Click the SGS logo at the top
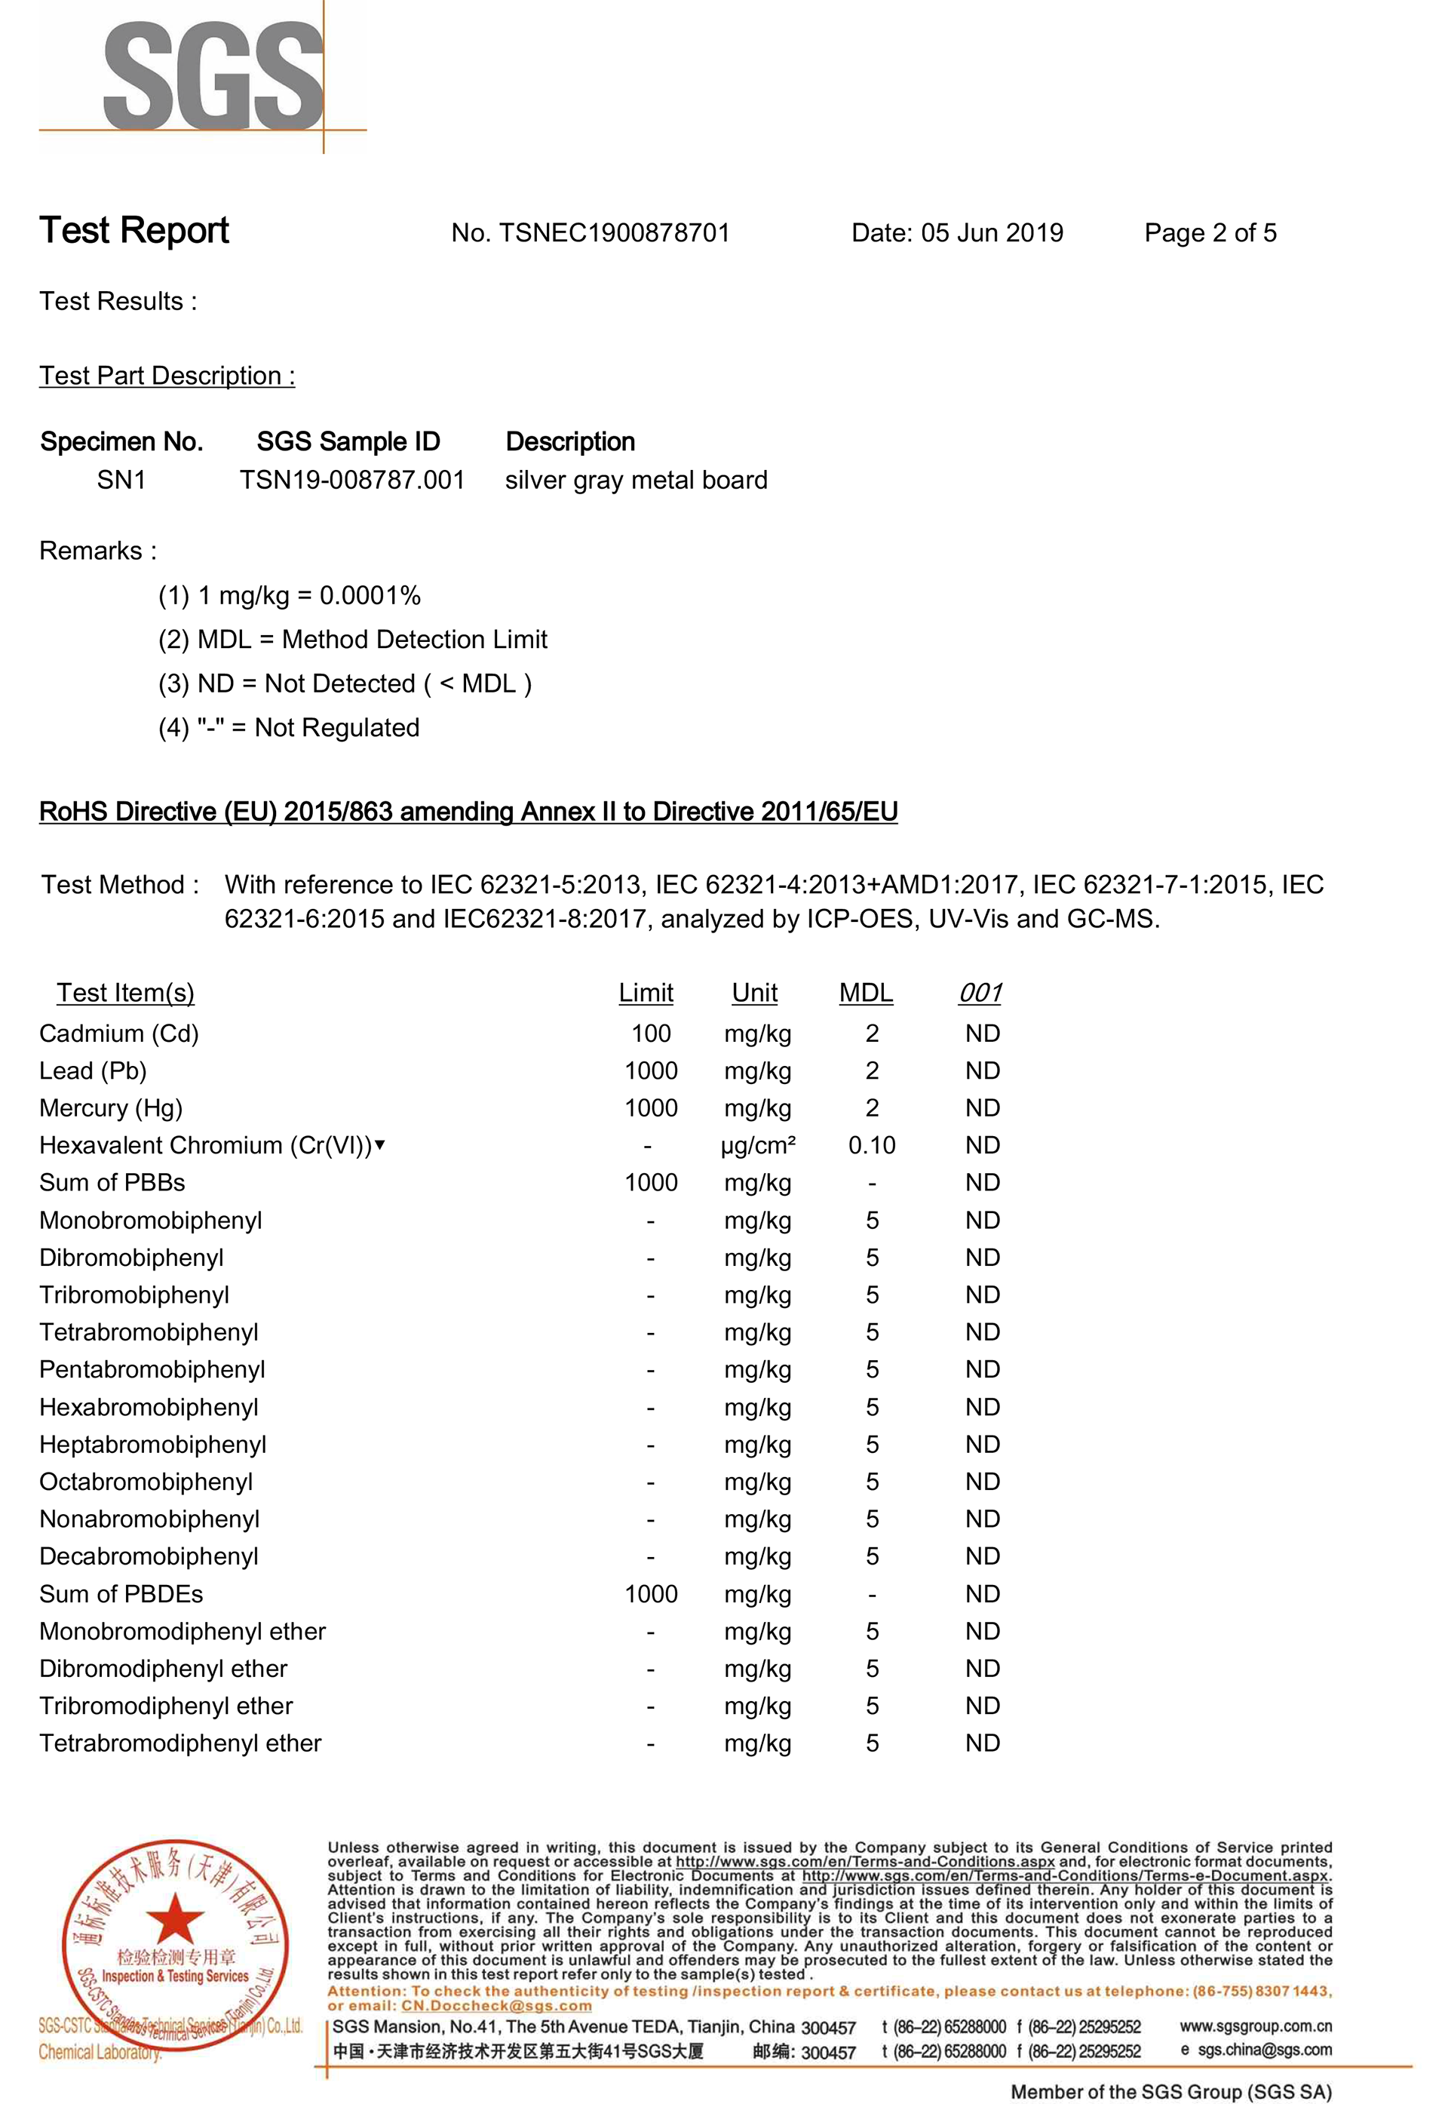click(x=213, y=77)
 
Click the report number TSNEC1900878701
click(x=613, y=233)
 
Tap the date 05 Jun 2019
click(x=992, y=233)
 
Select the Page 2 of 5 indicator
click(x=1210, y=233)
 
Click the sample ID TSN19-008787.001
click(x=352, y=480)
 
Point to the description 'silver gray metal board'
click(x=636, y=480)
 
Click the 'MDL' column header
click(x=866, y=993)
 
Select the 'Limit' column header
click(x=646, y=993)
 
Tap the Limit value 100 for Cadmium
click(x=651, y=1034)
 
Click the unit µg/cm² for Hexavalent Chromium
click(x=758, y=1146)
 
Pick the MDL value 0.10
click(x=871, y=1146)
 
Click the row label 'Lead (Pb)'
click(x=93, y=1070)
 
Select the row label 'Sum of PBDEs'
click(x=121, y=1594)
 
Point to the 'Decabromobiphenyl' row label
click(x=149, y=1557)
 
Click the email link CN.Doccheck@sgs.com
click(x=496, y=2005)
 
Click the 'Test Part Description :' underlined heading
click(x=167, y=376)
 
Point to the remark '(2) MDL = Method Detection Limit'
click(x=352, y=640)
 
